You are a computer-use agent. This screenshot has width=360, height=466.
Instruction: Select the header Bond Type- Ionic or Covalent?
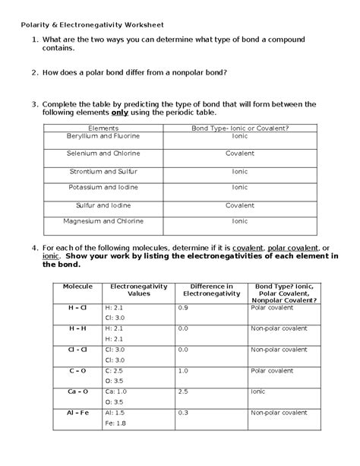click(x=240, y=128)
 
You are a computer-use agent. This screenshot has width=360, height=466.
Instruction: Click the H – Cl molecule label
click(x=77, y=307)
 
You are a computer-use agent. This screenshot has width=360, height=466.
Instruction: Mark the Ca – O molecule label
click(x=77, y=391)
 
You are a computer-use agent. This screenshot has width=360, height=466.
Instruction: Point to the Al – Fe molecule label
click(x=77, y=412)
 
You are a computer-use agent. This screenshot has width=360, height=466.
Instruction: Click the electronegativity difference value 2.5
click(x=183, y=391)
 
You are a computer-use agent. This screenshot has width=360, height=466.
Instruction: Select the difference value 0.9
click(x=183, y=307)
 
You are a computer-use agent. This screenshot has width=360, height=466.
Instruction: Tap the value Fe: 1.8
click(x=115, y=423)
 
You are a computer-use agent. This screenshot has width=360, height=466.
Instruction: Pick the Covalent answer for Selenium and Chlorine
click(x=239, y=153)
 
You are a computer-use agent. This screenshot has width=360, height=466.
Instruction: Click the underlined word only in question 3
click(x=100, y=113)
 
